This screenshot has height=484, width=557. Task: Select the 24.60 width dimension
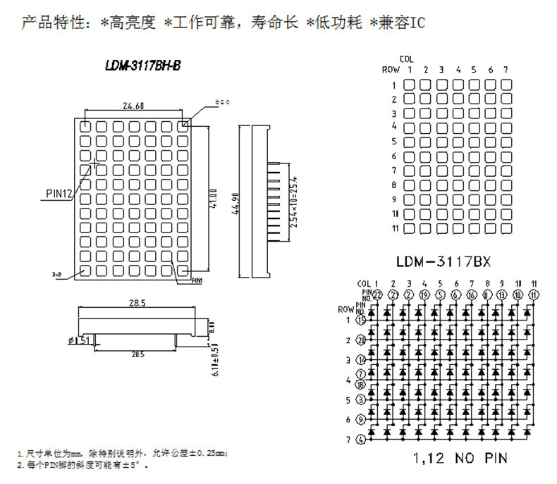(x=133, y=106)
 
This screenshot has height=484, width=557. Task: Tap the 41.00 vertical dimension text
(x=213, y=197)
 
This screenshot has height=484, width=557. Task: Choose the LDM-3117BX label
(x=443, y=261)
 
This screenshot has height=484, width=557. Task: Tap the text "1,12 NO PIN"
(x=460, y=459)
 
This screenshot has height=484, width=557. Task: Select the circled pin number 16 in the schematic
(x=470, y=294)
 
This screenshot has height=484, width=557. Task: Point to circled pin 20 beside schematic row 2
(x=362, y=340)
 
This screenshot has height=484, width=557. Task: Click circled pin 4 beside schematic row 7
(x=361, y=440)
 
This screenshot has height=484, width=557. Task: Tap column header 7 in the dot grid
(x=506, y=70)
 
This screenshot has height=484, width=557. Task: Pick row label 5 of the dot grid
(x=395, y=142)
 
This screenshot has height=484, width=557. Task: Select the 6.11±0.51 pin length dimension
(x=214, y=359)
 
